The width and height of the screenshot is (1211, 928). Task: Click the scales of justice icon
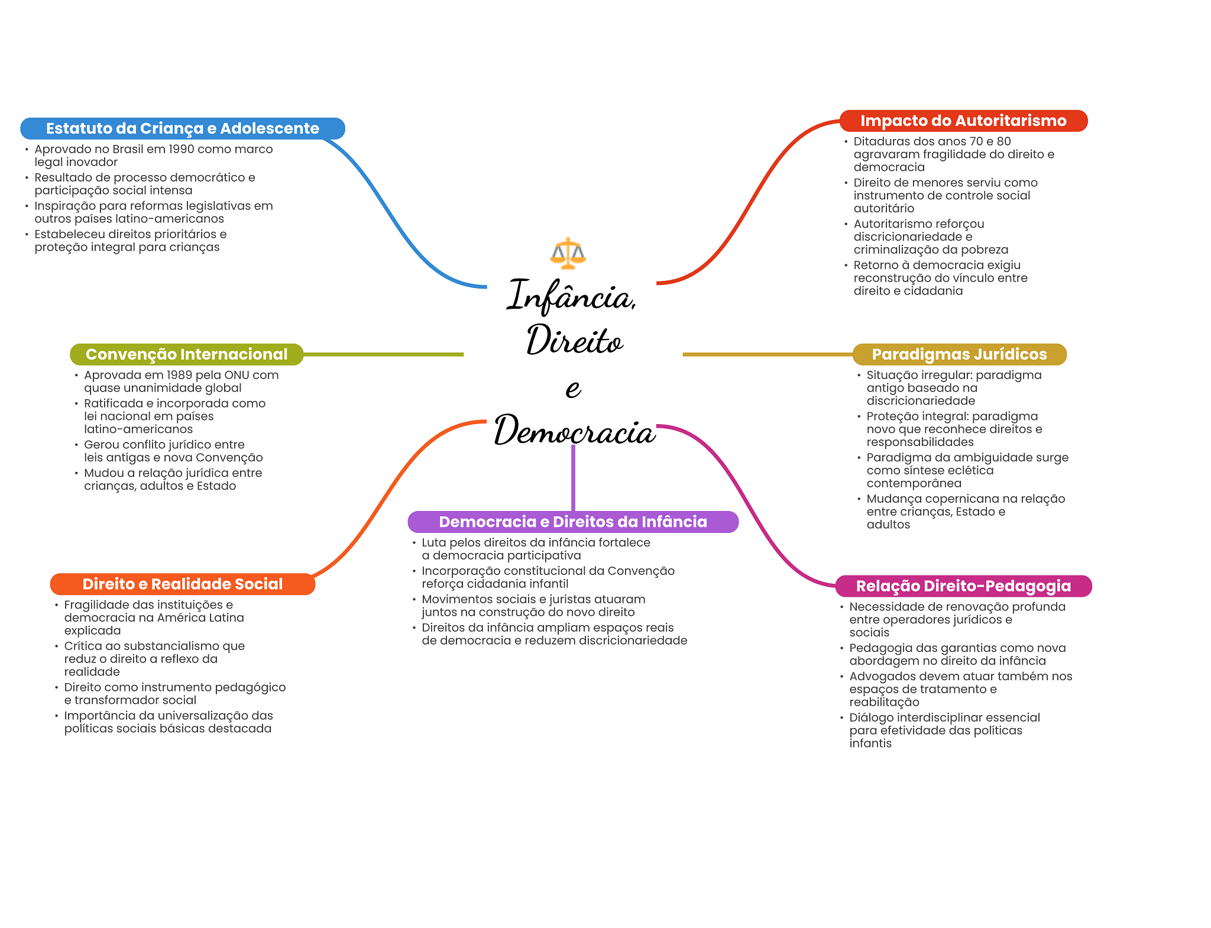(x=568, y=253)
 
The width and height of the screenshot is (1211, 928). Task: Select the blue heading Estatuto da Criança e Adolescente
(x=182, y=128)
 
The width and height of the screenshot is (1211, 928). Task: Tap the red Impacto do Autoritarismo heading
(x=963, y=121)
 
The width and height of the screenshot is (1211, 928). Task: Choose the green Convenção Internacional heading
(x=186, y=354)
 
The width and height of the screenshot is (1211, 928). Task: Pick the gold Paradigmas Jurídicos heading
(x=959, y=354)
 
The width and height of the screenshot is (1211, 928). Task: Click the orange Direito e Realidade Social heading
(x=182, y=584)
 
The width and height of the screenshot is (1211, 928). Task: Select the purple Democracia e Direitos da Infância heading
(x=572, y=522)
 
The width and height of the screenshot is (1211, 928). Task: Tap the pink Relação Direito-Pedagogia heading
(x=963, y=586)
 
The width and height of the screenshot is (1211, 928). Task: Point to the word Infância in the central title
(x=571, y=296)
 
